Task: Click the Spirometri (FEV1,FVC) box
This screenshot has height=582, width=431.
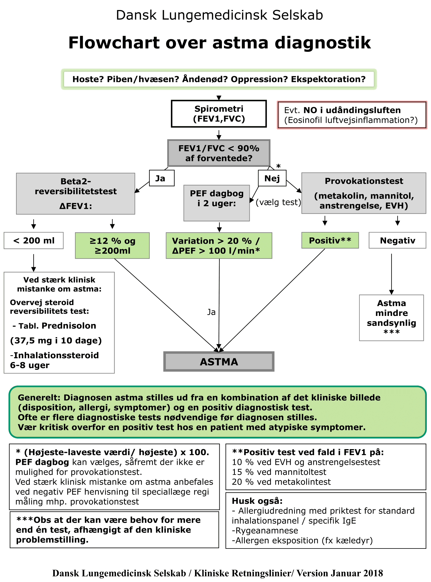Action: (x=219, y=114)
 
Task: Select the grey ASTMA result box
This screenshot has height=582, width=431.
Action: (x=219, y=361)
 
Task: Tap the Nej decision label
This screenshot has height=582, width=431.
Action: (x=272, y=178)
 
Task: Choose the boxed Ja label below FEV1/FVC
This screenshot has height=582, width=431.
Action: (x=162, y=178)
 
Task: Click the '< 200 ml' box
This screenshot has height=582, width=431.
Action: (x=34, y=241)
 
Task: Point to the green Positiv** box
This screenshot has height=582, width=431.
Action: (x=330, y=240)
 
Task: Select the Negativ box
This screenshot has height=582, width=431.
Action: (x=397, y=240)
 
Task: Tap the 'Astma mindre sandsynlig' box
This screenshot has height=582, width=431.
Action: (x=391, y=318)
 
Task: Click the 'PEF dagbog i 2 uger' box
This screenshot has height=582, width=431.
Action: (x=217, y=203)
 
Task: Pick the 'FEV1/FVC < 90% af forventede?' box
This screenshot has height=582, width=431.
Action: (x=219, y=153)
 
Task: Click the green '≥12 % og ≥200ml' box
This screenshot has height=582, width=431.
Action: (x=112, y=245)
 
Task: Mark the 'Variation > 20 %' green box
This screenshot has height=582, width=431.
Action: (x=219, y=245)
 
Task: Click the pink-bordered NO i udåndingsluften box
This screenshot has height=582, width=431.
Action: (x=352, y=115)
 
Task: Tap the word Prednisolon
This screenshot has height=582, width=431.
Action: (x=69, y=326)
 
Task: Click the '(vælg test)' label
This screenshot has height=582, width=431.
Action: (x=278, y=202)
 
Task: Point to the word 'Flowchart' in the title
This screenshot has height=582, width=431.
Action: (x=114, y=43)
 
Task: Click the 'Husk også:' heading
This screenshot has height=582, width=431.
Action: (x=257, y=501)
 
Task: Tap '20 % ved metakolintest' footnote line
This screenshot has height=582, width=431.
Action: (x=281, y=482)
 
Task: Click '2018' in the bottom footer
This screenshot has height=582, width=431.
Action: (x=373, y=573)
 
